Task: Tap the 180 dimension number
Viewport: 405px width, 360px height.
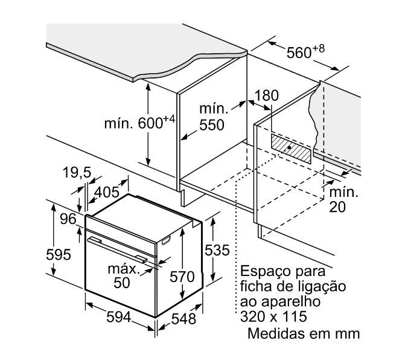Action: tap(267, 96)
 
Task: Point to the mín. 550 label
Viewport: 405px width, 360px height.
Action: tap(212, 118)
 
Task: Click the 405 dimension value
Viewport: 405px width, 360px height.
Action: tap(107, 193)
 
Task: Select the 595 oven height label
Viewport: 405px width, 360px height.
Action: tap(59, 255)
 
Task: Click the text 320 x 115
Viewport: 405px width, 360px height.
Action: tap(273, 317)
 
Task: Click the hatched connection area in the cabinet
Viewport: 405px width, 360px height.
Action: tap(291, 149)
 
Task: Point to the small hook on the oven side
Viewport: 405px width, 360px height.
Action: tap(165, 242)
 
